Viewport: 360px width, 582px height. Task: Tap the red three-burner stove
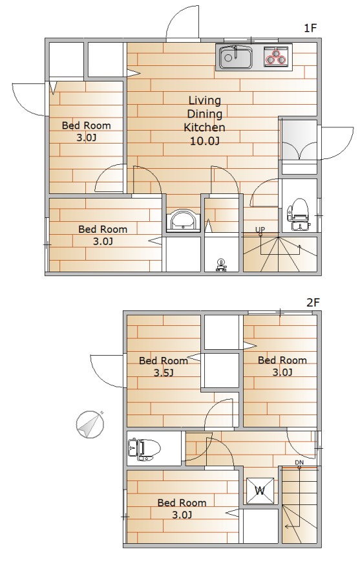tap(276, 58)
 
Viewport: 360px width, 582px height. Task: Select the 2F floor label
tap(313, 301)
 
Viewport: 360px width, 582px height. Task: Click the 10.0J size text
tap(204, 141)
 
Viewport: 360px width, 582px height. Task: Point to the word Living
tap(204, 100)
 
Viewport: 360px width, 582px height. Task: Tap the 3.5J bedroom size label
tap(164, 373)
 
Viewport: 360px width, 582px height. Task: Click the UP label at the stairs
tap(260, 230)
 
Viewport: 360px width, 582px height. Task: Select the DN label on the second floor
tap(299, 462)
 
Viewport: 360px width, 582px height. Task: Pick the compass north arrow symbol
tap(89, 424)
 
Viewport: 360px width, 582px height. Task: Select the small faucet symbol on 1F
tap(222, 263)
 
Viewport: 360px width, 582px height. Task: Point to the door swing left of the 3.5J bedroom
tap(109, 371)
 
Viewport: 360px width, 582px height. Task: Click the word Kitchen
tap(204, 127)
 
